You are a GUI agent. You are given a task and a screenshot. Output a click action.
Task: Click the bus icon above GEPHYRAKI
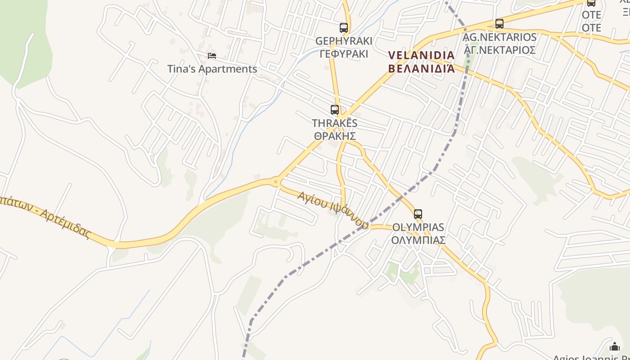pyautogui.click(x=344, y=28)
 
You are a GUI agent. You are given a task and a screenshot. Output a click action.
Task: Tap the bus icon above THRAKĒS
pyautogui.click(x=335, y=109)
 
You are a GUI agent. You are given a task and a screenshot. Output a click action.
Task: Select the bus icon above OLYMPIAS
pyautogui.click(x=418, y=214)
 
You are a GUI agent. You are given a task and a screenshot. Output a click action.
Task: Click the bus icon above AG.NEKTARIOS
pyautogui.click(x=499, y=24)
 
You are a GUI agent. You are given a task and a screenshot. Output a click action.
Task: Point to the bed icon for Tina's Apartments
pyautogui.click(x=212, y=56)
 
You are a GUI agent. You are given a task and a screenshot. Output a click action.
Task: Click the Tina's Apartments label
pyautogui.click(x=212, y=69)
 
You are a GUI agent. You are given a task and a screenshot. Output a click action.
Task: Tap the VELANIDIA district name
pyautogui.click(x=421, y=55)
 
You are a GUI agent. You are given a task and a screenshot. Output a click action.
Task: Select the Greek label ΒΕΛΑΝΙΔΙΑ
pyautogui.click(x=421, y=69)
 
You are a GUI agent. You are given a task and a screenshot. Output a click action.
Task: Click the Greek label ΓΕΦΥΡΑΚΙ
pyautogui.click(x=344, y=54)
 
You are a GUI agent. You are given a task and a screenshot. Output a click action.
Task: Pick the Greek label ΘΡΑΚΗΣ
pyautogui.click(x=335, y=135)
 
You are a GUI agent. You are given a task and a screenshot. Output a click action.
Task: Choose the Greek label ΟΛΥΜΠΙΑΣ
pyautogui.click(x=418, y=240)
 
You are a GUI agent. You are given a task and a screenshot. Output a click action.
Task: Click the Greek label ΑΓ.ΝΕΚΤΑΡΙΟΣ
pyautogui.click(x=499, y=49)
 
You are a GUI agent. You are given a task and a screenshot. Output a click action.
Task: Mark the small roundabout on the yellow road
pyautogui.click(x=276, y=181)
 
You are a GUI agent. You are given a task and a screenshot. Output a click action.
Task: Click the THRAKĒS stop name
pyautogui.click(x=335, y=123)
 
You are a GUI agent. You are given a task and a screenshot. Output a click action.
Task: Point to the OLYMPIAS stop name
pyautogui.click(x=418, y=227)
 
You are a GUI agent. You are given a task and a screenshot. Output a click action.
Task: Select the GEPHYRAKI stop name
pyautogui.click(x=344, y=41)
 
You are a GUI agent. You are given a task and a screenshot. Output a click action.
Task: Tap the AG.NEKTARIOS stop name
pyautogui.click(x=499, y=37)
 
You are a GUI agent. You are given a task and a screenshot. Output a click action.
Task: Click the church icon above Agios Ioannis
pyautogui.click(x=615, y=346)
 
